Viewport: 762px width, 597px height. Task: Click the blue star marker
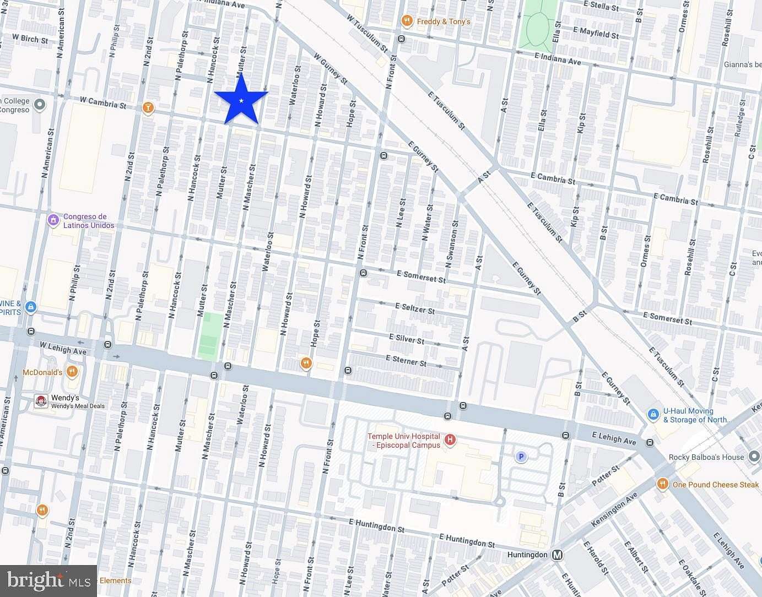coord(241,100)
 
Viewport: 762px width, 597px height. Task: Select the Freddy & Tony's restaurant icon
coord(407,21)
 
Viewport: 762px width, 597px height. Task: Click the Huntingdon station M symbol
coord(558,555)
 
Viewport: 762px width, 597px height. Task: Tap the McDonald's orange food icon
coord(72,372)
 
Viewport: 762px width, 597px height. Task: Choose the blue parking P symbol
coord(521,457)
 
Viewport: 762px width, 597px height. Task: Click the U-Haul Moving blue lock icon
coord(653,414)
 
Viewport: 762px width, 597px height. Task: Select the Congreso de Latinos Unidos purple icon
coord(53,220)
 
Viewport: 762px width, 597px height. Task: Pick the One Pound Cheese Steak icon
coord(662,484)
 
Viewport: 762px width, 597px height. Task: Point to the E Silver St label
coord(407,338)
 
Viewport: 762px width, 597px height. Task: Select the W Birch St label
coord(30,39)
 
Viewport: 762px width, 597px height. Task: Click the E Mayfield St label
coord(596,32)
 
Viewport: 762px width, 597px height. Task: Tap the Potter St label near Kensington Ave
coord(605,474)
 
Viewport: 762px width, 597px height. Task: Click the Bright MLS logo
coord(48,580)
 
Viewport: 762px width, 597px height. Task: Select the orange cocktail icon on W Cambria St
coord(147,108)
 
